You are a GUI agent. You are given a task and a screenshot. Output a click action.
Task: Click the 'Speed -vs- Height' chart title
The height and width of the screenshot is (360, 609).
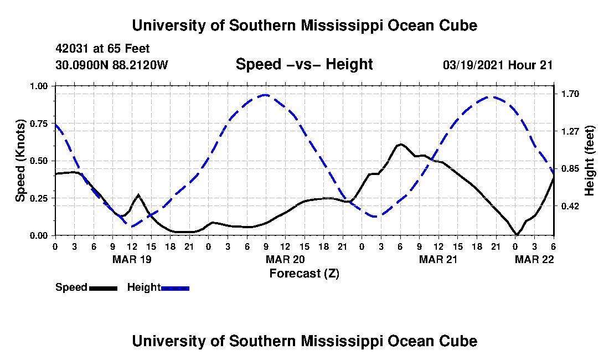pyautogui.click(x=304, y=64)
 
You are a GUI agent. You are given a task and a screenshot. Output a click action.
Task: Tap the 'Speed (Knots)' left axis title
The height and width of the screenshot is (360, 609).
pyautogui.click(x=20, y=161)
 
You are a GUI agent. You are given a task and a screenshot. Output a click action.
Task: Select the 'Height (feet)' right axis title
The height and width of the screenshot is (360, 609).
pyautogui.click(x=589, y=161)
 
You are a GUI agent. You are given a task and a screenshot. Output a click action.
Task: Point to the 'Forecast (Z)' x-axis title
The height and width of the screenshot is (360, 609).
pyautogui.click(x=304, y=274)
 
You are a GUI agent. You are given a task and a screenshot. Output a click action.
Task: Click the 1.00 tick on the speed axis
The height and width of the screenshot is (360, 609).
pyautogui.click(x=39, y=86)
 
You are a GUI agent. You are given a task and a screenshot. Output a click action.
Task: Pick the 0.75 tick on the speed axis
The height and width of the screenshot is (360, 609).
pyautogui.click(x=39, y=124)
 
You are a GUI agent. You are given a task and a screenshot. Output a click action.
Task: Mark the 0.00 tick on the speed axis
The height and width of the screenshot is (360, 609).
pyautogui.click(x=39, y=236)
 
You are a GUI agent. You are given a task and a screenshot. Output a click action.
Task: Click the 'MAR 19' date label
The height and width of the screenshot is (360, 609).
pyautogui.click(x=132, y=259)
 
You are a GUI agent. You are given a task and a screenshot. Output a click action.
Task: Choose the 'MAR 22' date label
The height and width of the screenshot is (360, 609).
pyautogui.click(x=534, y=259)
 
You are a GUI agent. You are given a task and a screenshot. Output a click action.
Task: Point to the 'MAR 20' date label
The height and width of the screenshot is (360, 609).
pyautogui.click(x=285, y=259)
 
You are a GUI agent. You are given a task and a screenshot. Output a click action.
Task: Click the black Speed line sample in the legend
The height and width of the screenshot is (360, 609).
pyautogui.click(x=103, y=288)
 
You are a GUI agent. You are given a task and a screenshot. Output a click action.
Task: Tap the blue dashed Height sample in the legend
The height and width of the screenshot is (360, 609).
pyautogui.click(x=175, y=288)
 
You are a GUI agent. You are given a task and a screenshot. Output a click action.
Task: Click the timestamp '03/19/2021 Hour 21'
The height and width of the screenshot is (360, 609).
pyautogui.click(x=498, y=65)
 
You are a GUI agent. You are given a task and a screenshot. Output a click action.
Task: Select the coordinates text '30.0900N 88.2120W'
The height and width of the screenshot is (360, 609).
pyautogui.click(x=112, y=65)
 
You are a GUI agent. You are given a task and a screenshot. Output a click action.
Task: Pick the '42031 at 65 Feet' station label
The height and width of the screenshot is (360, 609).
pyautogui.click(x=102, y=49)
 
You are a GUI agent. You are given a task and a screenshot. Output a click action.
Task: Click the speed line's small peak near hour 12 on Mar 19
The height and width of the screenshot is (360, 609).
pyautogui.click(x=138, y=194)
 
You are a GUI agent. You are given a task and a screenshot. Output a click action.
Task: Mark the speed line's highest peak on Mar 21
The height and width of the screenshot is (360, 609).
pyautogui.click(x=400, y=144)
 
